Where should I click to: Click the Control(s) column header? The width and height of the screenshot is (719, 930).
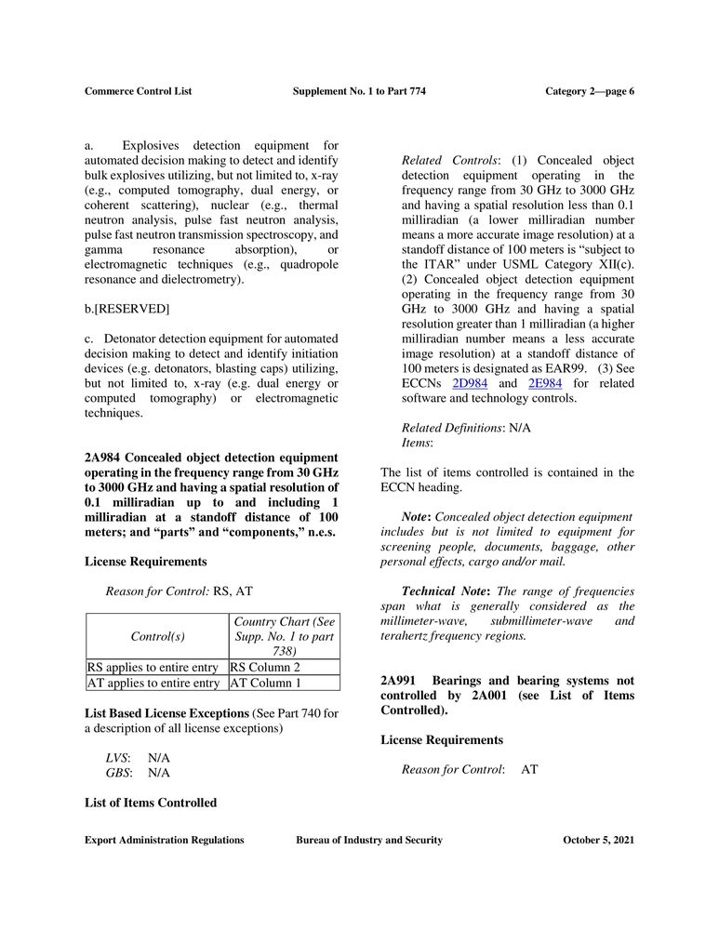pos(157,636)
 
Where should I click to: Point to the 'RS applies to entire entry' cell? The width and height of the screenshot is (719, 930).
pos(153,667)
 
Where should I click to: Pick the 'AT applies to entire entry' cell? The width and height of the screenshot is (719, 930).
pos(153,684)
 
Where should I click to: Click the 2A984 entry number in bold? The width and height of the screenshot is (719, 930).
pos(102,458)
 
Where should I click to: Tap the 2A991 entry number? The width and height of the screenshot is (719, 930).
pos(399,680)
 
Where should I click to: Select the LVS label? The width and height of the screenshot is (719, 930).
pos(116,758)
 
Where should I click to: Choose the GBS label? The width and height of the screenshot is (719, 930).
pos(117,773)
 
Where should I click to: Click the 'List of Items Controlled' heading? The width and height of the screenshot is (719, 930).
pos(151,803)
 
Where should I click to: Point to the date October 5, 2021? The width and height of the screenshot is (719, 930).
pos(598,840)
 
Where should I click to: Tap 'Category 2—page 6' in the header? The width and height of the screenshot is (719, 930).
pos(589,91)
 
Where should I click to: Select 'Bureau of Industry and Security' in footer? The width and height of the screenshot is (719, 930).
pos(368,840)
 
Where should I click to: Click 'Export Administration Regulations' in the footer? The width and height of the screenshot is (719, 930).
pos(164,840)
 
